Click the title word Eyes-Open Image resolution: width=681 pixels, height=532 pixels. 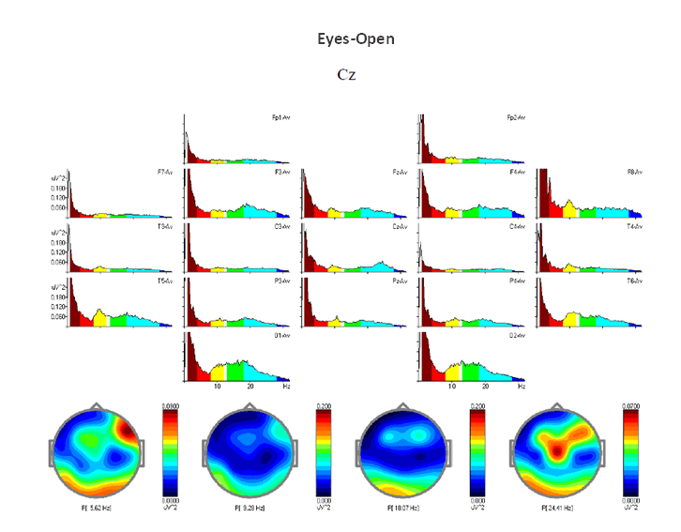pos(356,39)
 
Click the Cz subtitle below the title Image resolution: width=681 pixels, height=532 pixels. pos(346,74)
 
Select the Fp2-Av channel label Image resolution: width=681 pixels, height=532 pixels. pos(516,118)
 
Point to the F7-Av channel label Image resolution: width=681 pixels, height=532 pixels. pos(166,173)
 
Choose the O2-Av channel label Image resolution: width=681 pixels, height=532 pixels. pos(516,335)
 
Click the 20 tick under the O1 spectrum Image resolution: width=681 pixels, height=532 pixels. pos(250,387)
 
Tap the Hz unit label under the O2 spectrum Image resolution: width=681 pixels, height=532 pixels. pos(521,387)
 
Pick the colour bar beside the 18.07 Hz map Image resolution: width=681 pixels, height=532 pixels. pos(476,450)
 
